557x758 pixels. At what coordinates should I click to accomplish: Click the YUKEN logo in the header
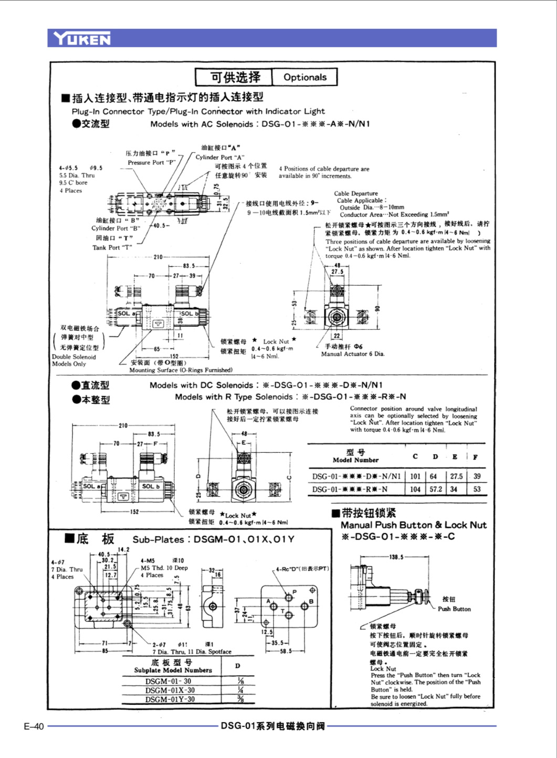pos(82,38)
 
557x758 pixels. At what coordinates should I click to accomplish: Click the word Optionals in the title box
pos(304,77)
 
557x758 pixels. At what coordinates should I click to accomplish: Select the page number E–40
pos(34,726)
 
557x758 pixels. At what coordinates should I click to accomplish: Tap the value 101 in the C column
pos(415,476)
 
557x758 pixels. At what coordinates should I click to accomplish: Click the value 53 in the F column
pos(477,489)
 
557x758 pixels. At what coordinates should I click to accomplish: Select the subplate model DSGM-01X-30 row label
pos(170,690)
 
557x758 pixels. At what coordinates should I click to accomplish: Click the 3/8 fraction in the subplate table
pos(240,699)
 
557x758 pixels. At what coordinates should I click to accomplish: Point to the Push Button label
pos(454,609)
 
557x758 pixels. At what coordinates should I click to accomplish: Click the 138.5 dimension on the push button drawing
pos(396,557)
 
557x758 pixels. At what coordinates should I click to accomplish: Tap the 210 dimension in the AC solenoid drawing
pos(158,257)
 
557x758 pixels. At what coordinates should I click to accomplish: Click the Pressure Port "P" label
pos(151,163)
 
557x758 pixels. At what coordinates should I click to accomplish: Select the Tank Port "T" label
pos(112,247)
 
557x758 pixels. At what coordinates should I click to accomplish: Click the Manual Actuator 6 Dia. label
pos(353,354)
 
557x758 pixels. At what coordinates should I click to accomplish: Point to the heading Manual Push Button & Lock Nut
pos(413,525)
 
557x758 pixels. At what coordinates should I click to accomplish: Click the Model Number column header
pos(355,460)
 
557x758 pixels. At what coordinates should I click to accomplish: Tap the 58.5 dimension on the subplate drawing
pos(286,651)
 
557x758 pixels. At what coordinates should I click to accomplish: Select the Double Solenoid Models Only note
pos(73,360)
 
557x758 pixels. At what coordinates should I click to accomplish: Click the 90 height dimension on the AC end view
pos(376,309)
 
